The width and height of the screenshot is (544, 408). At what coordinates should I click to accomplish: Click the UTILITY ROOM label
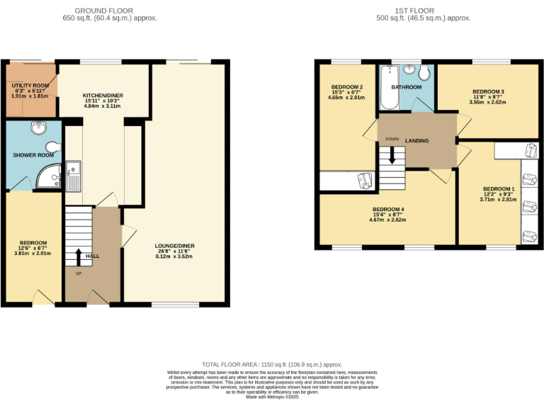pyautogui.click(x=29, y=85)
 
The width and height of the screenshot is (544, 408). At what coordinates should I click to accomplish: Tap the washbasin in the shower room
pyautogui.click(x=39, y=128)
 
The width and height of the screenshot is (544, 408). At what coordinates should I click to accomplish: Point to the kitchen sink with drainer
pyautogui.click(x=73, y=177)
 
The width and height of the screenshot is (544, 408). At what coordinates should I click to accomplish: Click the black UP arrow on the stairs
pyautogui.click(x=78, y=256)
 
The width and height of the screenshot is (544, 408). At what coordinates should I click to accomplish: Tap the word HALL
pyautogui.click(x=93, y=256)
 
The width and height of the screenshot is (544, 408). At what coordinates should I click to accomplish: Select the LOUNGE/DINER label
pyautogui.click(x=175, y=246)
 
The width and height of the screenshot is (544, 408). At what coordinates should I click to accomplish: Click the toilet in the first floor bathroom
pyautogui.click(x=426, y=74)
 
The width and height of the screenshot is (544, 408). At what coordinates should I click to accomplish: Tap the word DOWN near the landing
pyautogui.click(x=391, y=139)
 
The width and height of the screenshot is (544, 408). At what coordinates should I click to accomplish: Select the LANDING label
pyautogui.click(x=416, y=141)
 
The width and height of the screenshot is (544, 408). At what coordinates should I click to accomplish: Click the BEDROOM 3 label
pyautogui.click(x=488, y=92)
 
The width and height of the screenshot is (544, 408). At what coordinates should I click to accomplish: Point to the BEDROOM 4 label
pyautogui.click(x=387, y=210)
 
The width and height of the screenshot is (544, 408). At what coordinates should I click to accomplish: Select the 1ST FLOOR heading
pyautogui.click(x=423, y=11)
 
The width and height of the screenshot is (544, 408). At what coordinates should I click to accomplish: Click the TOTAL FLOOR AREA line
pyautogui.click(x=271, y=363)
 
